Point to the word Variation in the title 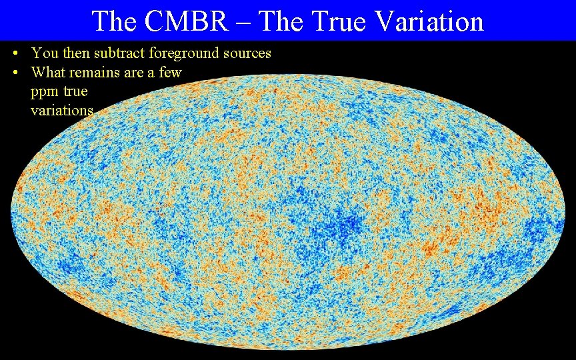[x=429, y=21]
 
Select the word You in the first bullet [x=44, y=53]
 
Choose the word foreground [x=185, y=53]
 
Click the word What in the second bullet [x=48, y=72]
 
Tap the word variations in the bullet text [x=62, y=111]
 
